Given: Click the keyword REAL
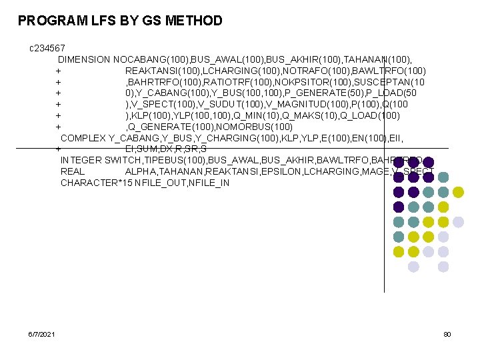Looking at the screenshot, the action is pyautogui.click(x=73, y=171).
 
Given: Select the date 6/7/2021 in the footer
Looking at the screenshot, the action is pyautogui.click(x=42, y=333).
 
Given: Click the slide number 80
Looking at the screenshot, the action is pyautogui.click(x=447, y=333).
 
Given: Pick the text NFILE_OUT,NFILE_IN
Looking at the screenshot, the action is pyautogui.click(x=182, y=183).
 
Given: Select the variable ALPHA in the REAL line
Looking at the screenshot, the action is pyautogui.click(x=141, y=171).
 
